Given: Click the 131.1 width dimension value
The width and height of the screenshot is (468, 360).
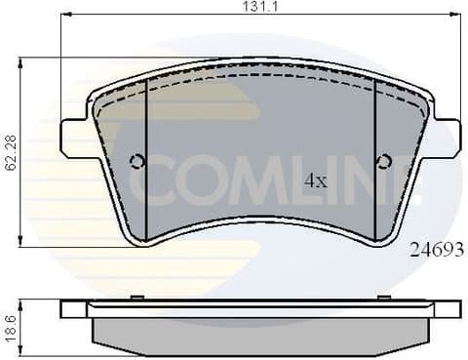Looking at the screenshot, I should [259, 7].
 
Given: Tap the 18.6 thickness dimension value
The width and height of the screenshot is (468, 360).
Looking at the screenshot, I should [8, 325].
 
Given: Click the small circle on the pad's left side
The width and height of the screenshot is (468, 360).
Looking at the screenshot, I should [137, 161].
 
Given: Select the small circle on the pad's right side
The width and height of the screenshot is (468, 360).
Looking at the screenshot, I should [384, 161].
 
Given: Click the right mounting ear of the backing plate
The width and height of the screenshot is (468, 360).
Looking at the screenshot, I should [447, 138].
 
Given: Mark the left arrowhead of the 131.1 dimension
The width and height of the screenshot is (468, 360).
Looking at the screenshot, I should [64, 15].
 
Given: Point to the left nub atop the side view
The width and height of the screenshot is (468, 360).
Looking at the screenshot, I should [137, 297].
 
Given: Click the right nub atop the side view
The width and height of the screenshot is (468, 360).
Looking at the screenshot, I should [384, 297].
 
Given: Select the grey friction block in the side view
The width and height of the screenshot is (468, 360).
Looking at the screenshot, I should [260, 331].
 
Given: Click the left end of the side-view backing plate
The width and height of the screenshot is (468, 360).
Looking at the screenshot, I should [66, 308].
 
